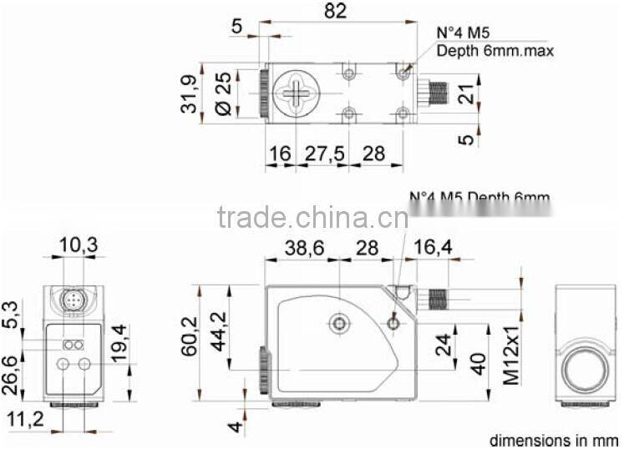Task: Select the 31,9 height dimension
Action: [x=191, y=93]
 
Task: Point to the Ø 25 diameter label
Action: [x=223, y=93]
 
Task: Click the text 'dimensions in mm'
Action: [x=553, y=441]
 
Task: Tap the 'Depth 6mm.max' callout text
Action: [x=495, y=51]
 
